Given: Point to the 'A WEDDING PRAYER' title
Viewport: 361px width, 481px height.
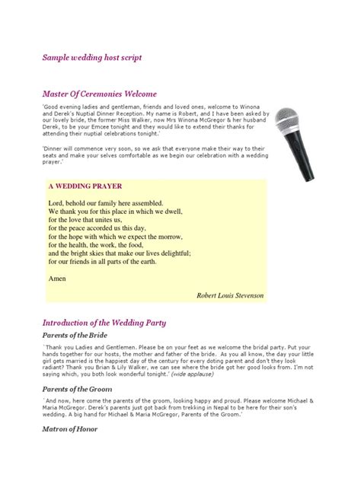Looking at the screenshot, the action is point(85,186).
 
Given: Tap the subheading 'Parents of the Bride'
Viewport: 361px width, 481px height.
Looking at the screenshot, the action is point(75,336).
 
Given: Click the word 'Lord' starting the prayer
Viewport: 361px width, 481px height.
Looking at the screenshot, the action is point(55,204).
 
